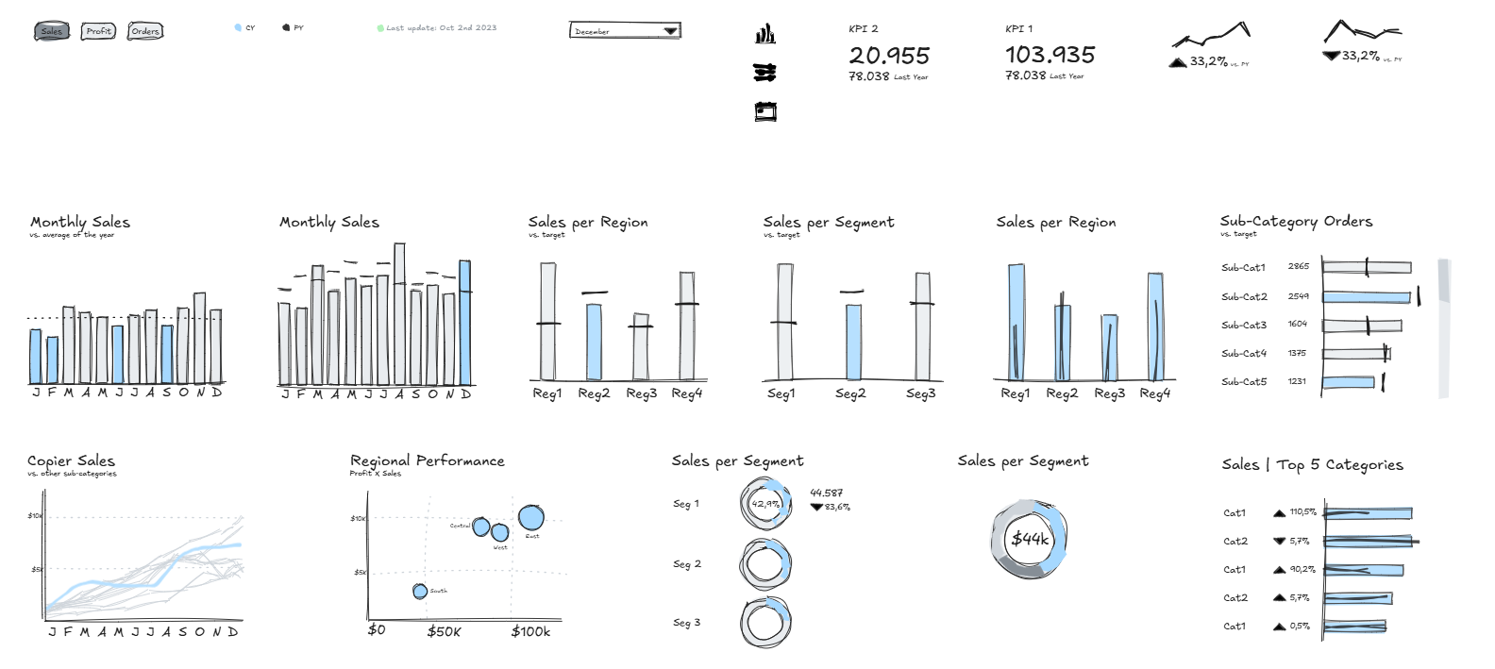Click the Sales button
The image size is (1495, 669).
click(x=51, y=31)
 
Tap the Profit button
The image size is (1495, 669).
click(x=98, y=31)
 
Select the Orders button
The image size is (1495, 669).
click(x=144, y=31)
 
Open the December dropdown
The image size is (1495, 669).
click(x=625, y=31)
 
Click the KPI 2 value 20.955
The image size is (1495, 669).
click(x=888, y=56)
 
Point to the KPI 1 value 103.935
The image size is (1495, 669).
click(x=1050, y=55)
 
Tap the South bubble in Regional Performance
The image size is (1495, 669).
click(x=420, y=592)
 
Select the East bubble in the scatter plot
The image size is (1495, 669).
click(x=531, y=518)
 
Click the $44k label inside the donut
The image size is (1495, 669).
click(x=1030, y=539)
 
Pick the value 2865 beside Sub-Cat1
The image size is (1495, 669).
click(x=1298, y=267)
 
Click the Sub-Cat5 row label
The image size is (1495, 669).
click(x=1244, y=382)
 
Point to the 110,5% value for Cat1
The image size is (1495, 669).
click(x=1302, y=512)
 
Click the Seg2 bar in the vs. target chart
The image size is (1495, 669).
click(x=852, y=341)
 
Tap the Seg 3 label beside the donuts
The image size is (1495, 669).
click(x=686, y=623)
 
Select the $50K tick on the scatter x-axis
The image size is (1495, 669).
click(x=444, y=631)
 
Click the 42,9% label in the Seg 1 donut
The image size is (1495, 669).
click(x=765, y=504)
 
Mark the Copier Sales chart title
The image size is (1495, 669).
click(x=71, y=460)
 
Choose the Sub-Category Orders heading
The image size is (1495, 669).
click(x=1296, y=222)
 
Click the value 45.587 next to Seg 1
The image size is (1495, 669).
click(x=826, y=493)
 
